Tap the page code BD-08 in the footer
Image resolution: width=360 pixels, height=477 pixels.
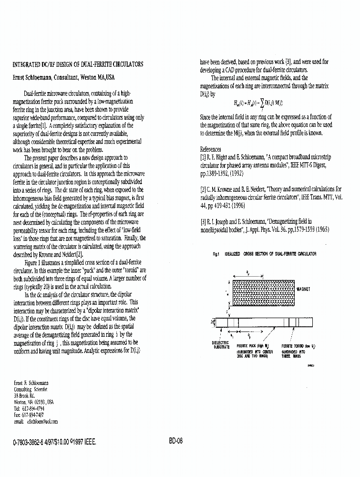coord(176,441)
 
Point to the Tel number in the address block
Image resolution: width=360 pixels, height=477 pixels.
coord(30,409)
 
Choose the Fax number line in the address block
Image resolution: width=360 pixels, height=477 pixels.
coord(30,415)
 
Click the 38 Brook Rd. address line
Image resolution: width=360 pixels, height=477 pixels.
coord(24,396)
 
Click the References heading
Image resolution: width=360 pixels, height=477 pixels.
coord(210,149)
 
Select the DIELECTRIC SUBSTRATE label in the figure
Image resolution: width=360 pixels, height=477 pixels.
coord(220,344)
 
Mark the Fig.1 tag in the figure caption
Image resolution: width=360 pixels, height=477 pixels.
coord(216,254)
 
